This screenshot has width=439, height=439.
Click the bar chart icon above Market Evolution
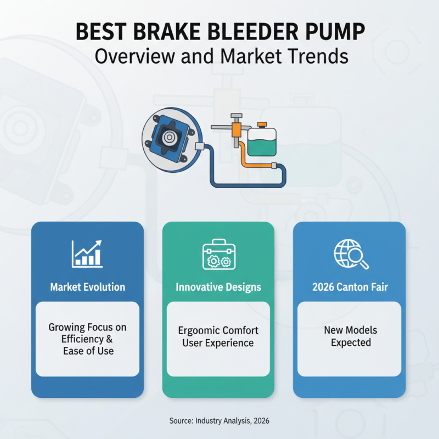[87, 252]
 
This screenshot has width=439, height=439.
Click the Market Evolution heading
[87, 287]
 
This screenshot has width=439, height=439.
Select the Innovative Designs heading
[218, 287]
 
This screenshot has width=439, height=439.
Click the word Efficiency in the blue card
[82, 339]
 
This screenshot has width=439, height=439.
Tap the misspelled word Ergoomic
[199, 331]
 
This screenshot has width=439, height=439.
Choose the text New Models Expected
[350, 336]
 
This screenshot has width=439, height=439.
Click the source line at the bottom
[219, 420]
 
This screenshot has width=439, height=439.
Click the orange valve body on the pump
[237, 130]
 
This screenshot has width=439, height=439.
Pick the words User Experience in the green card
[218, 343]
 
